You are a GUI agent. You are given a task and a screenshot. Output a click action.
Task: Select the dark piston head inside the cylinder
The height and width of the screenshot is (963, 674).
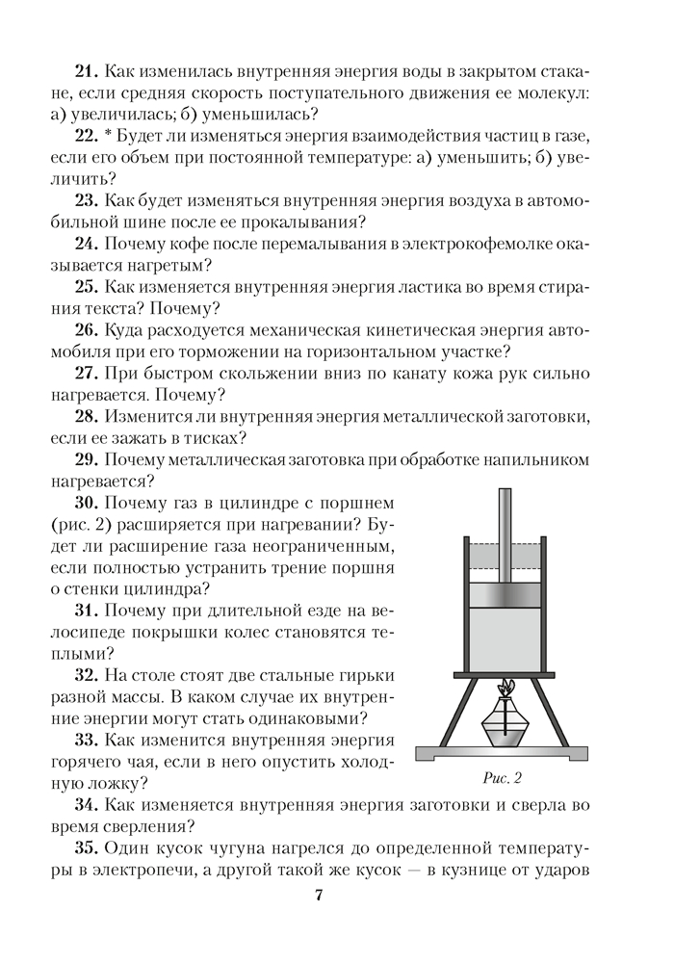pos(504,595)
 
